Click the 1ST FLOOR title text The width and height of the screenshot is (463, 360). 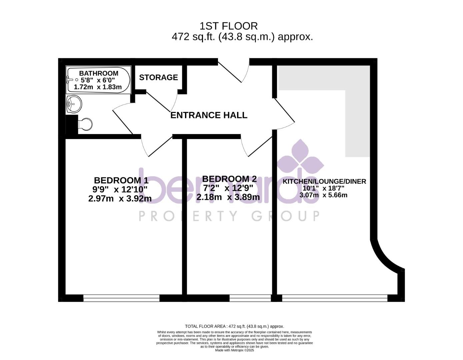[229, 26]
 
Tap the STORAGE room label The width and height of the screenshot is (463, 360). [158, 77]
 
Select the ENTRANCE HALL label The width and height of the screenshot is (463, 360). [209, 115]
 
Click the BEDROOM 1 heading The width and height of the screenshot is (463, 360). [121, 180]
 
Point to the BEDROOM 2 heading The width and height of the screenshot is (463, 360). [229, 179]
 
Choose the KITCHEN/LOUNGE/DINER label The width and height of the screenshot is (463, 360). [324, 182]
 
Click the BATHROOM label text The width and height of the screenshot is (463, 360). [98, 73]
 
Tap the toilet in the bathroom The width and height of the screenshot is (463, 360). [85, 124]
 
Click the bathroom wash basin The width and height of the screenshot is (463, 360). [74, 104]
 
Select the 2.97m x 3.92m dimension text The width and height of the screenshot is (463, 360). [120, 199]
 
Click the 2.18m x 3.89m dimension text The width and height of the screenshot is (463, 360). [228, 197]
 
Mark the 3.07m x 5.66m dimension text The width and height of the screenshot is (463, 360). [323, 195]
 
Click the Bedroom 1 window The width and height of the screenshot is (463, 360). [121, 298]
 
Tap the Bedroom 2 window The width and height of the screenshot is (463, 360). [250, 298]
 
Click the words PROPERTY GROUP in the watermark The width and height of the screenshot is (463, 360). [229, 216]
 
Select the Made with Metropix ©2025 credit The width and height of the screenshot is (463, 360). [234, 350]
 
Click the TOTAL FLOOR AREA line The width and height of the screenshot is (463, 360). [234, 326]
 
